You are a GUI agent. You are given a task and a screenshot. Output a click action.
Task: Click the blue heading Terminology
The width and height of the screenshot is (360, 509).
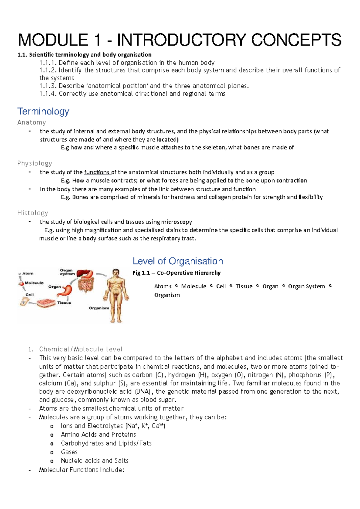(43, 111)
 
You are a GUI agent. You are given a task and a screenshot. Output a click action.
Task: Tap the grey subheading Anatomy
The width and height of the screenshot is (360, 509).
(31, 122)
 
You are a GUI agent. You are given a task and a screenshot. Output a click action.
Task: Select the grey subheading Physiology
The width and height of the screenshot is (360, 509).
(34, 163)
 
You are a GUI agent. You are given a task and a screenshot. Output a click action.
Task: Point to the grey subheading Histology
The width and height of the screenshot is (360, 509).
(33, 213)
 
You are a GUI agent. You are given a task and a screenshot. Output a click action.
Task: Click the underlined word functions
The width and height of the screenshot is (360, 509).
(97, 172)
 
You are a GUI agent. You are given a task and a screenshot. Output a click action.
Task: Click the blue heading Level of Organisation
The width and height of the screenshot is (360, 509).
(178, 261)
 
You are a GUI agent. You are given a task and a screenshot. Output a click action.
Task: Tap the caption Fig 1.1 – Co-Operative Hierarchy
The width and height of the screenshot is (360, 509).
(176, 273)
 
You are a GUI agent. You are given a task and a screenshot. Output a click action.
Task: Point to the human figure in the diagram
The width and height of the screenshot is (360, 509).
(116, 295)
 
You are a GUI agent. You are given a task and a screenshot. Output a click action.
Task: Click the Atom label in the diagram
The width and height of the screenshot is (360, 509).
(28, 273)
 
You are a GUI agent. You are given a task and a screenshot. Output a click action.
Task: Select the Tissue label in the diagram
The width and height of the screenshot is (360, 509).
(64, 303)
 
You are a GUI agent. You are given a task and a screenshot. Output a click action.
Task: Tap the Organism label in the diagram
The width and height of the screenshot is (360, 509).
(99, 308)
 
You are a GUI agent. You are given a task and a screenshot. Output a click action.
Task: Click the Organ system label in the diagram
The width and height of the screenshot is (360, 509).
(67, 272)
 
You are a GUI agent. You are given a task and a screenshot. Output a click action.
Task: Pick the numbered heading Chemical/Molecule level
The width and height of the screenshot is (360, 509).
(81, 349)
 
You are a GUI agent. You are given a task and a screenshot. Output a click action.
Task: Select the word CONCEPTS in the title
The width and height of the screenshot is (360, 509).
(296, 40)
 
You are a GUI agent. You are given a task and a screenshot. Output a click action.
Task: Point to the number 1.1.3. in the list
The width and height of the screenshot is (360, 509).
(48, 86)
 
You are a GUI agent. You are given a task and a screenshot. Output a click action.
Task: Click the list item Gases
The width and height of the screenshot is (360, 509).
(69, 452)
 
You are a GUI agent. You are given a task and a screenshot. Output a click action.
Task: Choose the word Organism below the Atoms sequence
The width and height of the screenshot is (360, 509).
(167, 295)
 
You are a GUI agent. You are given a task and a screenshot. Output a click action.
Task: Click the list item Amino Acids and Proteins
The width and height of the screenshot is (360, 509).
(98, 435)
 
